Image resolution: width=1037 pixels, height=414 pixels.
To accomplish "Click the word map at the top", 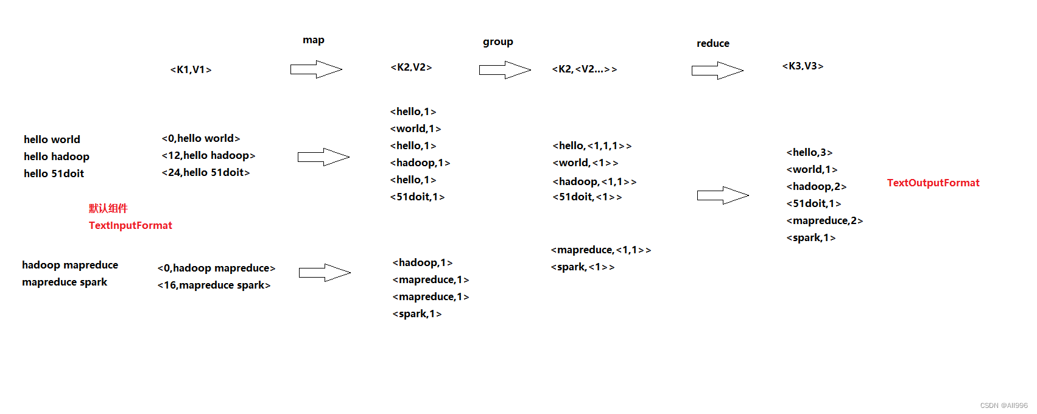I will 314,40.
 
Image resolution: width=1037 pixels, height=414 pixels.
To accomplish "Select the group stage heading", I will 498,42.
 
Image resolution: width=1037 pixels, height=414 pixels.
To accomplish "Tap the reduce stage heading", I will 713,44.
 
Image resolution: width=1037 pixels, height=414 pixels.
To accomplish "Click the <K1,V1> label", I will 191,70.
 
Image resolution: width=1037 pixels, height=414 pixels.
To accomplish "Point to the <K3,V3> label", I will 803,66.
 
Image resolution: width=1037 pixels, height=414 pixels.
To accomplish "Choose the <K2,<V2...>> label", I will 584,69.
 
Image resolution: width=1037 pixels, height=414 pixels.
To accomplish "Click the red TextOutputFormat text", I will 933,183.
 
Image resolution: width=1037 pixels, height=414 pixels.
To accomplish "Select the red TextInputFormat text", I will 130,225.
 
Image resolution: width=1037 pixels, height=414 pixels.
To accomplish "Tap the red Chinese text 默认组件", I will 108,208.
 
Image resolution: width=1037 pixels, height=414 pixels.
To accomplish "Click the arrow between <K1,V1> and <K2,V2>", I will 316,69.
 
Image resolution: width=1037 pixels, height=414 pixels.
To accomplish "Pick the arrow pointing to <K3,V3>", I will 717,71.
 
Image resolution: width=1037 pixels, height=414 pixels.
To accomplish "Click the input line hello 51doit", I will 54,174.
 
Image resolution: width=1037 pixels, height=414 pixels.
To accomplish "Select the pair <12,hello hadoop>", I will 208,156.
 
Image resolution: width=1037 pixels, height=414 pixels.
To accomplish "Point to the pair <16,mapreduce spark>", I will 214,285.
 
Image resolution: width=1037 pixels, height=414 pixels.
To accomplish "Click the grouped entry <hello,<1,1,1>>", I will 592,146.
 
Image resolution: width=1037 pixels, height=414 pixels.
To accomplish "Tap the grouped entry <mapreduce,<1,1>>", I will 600,250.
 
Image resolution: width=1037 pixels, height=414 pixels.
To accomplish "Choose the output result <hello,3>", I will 809,153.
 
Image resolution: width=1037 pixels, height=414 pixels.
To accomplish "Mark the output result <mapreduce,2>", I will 824,221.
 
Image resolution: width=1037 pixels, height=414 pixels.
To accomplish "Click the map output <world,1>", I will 415,129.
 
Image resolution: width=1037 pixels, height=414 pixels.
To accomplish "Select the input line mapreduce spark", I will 65,282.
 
